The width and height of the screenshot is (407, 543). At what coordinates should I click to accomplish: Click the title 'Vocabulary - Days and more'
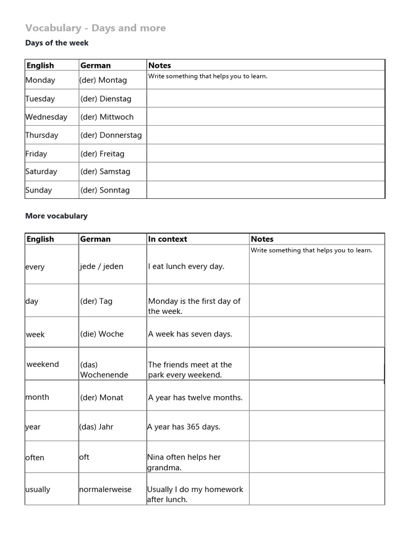click(95, 28)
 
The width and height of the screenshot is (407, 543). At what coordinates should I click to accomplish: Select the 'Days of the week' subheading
click(57, 43)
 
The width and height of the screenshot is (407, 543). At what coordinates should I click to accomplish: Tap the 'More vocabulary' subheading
click(56, 216)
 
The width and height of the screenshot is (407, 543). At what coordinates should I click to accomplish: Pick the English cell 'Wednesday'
click(47, 117)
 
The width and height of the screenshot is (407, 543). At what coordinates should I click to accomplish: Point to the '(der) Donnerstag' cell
click(111, 135)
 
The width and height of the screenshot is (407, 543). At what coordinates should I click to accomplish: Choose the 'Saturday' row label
click(41, 172)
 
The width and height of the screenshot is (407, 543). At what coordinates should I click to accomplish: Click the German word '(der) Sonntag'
click(105, 190)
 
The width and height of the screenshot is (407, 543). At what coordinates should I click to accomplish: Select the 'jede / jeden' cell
click(102, 266)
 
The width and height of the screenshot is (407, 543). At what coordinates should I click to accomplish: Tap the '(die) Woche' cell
click(102, 334)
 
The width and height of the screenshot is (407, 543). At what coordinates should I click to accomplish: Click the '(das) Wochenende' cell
click(104, 370)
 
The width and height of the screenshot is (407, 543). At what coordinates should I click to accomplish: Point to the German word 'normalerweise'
click(105, 489)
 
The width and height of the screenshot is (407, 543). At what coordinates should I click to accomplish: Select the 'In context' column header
click(167, 239)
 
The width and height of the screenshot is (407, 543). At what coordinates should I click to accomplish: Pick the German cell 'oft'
click(84, 457)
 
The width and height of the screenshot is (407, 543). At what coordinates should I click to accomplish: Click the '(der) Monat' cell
click(102, 398)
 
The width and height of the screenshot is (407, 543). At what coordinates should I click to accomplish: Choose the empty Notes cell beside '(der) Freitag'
click(266, 154)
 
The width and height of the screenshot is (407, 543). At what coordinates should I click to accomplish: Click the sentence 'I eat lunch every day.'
click(186, 267)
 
